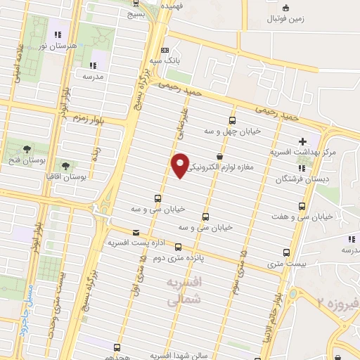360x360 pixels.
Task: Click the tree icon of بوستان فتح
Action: (x=27, y=148)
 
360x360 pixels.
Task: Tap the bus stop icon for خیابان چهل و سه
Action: (x=233, y=120)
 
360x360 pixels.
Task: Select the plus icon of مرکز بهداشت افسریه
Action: (x=303, y=141)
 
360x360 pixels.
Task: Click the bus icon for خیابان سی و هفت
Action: (x=302, y=206)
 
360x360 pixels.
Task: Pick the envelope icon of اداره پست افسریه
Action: (x=136, y=233)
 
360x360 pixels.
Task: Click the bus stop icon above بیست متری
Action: (x=286, y=252)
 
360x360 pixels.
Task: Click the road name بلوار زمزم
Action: (x=93, y=117)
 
